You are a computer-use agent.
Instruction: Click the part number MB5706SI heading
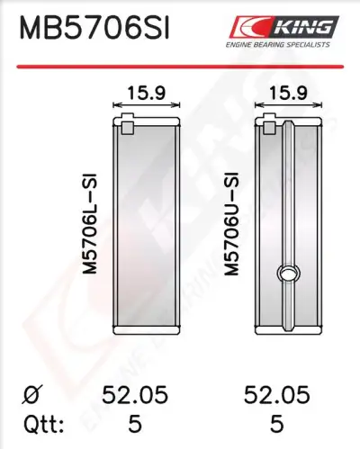click(x=94, y=28)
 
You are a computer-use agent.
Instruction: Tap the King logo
click(x=284, y=27)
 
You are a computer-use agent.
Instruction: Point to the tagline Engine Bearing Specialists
click(x=278, y=45)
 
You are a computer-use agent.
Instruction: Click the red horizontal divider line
click(x=180, y=67)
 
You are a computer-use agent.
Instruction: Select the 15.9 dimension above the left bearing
click(x=147, y=93)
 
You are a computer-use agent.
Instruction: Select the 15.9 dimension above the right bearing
click(x=288, y=93)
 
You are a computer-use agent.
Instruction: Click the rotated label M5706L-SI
click(x=90, y=223)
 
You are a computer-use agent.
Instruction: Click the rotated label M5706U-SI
click(x=231, y=223)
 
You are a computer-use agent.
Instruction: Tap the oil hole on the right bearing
click(x=288, y=274)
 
